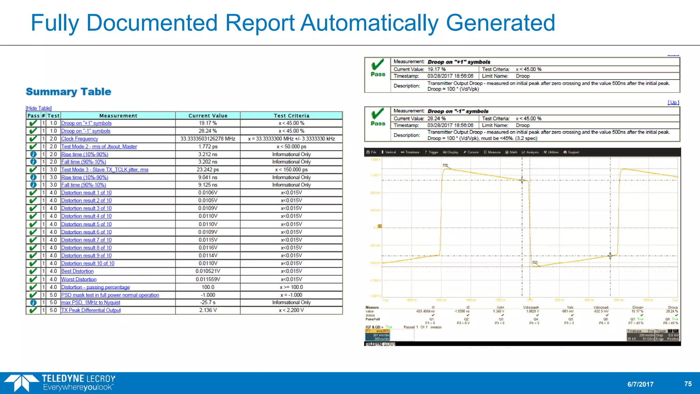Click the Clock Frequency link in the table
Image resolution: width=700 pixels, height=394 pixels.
[79, 139]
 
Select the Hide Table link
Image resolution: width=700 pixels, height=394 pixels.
[39, 108]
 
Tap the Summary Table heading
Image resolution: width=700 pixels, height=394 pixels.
[68, 92]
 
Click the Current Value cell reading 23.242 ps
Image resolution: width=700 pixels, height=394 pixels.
[208, 170]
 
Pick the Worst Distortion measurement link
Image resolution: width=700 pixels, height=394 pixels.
[79, 279]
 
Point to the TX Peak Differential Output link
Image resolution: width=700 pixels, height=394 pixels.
[91, 310]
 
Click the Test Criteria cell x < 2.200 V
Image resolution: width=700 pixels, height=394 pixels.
[291, 310]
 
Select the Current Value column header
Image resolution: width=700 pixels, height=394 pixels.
[208, 116]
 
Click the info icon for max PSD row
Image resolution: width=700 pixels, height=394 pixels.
[33, 303]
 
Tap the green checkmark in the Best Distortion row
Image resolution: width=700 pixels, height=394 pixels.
[33, 272]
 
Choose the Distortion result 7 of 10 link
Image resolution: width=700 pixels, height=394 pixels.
[86, 240]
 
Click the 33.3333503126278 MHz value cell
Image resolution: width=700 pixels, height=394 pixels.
[208, 139]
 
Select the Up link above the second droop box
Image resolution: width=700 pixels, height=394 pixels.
[673, 103]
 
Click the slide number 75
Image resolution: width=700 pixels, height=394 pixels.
[688, 384]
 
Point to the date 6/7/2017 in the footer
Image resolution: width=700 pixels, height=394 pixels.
[640, 384]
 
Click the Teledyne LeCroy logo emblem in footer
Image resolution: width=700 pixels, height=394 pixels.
[21, 383]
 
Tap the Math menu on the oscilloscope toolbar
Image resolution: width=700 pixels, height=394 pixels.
[512, 152]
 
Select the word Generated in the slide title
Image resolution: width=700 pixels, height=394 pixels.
[500, 23]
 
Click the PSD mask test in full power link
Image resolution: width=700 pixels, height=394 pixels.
[110, 295]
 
